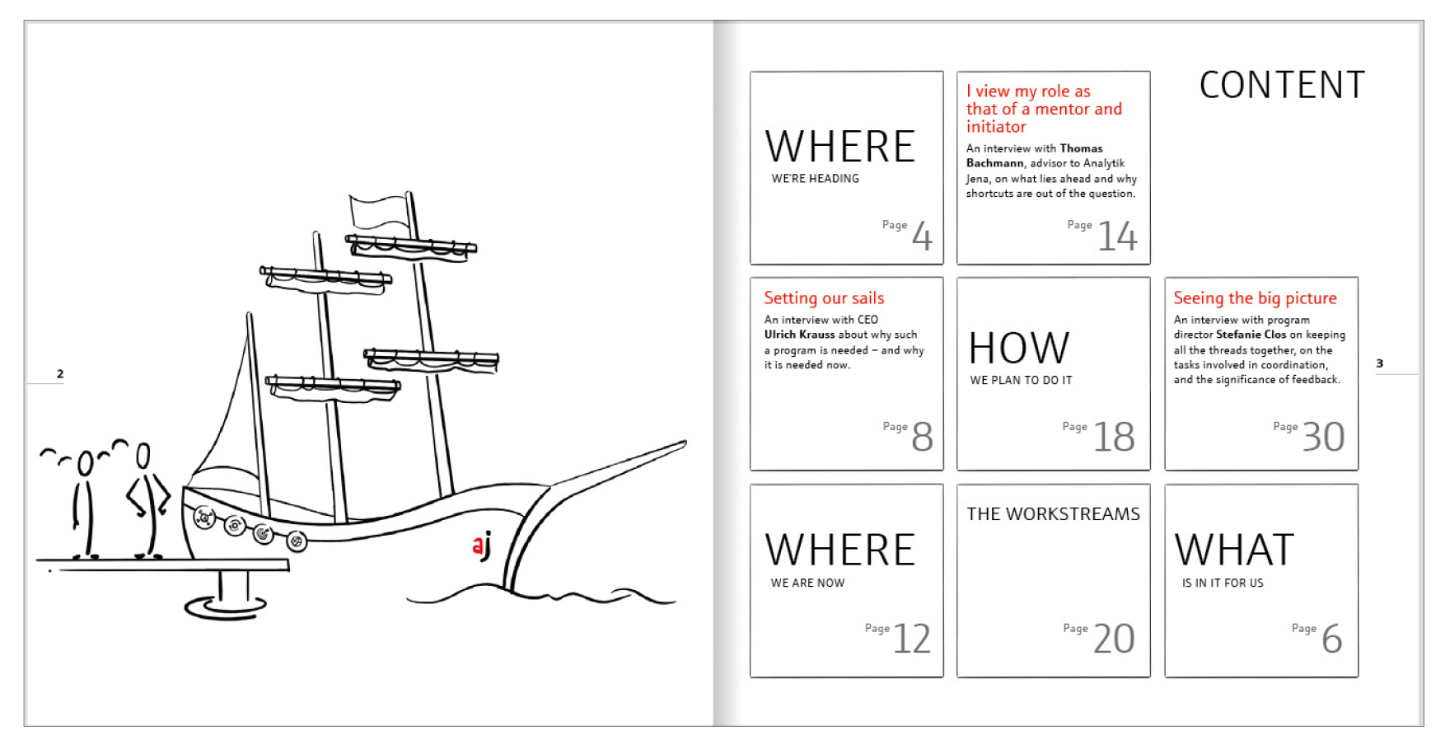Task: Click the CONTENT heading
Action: pyautogui.click(x=1282, y=85)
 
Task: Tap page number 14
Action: pyautogui.click(x=1117, y=237)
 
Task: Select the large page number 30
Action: pyautogui.click(x=1323, y=437)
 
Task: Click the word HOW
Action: pyautogui.click(x=1019, y=348)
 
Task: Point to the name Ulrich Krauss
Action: pyautogui.click(x=799, y=335)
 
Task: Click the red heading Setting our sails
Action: pyautogui.click(x=824, y=298)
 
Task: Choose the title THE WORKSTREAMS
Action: pyautogui.click(x=1053, y=514)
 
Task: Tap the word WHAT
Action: pyautogui.click(x=1234, y=550)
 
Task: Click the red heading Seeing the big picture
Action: pyautogui.click(x=1255, y=298)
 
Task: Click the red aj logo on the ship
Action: pyautogui.click(x=482, y=546)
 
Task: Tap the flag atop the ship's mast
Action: pyautogui.click(x=379, y=213)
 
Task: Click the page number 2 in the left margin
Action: pyautogui.click(x=60, y=373)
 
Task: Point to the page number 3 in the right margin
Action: pyautogui.click(x=1380, y=363)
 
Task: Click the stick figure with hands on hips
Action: pyautogui.click(x=147, y=501)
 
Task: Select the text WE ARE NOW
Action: pyautogui.click(x=807, y=583)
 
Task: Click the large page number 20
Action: pyautogui.click(x=1114, y=639)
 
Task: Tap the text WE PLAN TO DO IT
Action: pyautogui.click(x=1021, y=380)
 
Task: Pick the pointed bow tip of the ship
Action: pyautogui.click(x=685, y=443)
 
